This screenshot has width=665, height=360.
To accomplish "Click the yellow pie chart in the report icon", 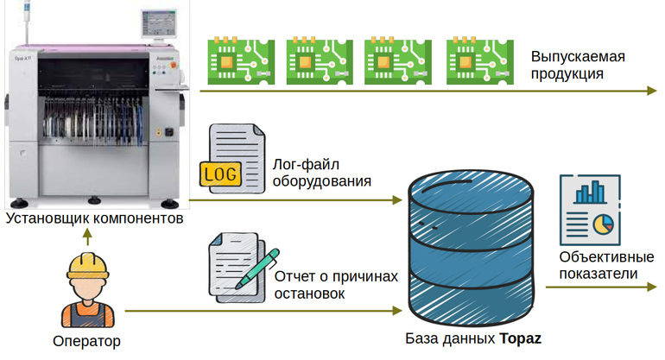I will (x=603, y=224).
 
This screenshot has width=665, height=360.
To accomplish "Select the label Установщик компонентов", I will (x=94, y=218).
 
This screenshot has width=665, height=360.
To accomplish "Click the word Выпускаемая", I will (x=578, y=56).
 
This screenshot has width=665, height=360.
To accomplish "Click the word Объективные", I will (x=601, y=257).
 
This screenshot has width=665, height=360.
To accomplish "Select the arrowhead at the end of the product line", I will (x=651, y=91).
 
